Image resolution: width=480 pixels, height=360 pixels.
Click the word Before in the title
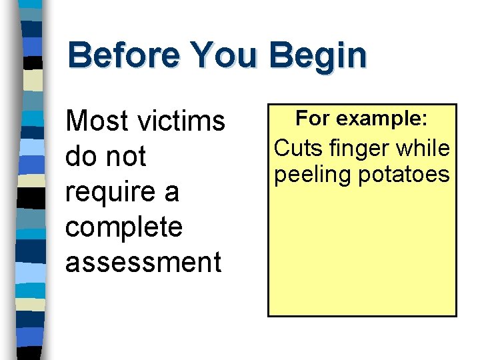click(123, 55)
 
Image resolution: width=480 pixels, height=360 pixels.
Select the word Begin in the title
click(318, 57)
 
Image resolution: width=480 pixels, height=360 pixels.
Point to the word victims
click(181, 121)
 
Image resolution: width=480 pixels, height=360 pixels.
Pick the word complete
click(124, 228)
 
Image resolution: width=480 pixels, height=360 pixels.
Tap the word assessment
click(143, 262)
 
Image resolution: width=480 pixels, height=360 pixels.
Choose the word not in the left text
click(125, 157)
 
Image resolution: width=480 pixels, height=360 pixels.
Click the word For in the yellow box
click(311, 119)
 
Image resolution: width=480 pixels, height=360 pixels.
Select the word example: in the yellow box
click(381, 119)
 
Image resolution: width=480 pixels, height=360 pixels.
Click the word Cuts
click(297, 148)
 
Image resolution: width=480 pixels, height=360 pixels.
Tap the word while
click(424, 148)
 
